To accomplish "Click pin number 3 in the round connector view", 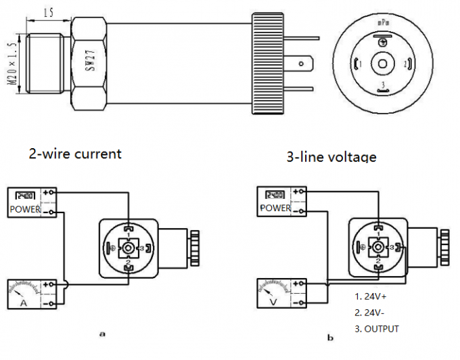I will pyautogui.click(x=383, y=84).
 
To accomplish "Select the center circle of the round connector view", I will pyautogui.click(x=383, y=64).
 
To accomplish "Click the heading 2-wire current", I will pyautogui.click(x=74, y=153).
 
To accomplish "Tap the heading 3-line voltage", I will pyautogui.click(x=331, y=156).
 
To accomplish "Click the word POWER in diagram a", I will pyautogui.click(x=25, y=210).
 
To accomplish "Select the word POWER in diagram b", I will pyautogui.click(x=275, y=208).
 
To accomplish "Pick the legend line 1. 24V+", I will pyautogui.click(x=371, y=296).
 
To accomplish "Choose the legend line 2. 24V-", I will pyautogui.click(x=371, y=313).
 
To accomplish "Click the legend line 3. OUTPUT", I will pyautogui.click(x=377, y=329).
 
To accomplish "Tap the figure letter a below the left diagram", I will pyautogui.click(x=102, y=334).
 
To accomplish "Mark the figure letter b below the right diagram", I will pyautogui.click(x=329, y=338).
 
